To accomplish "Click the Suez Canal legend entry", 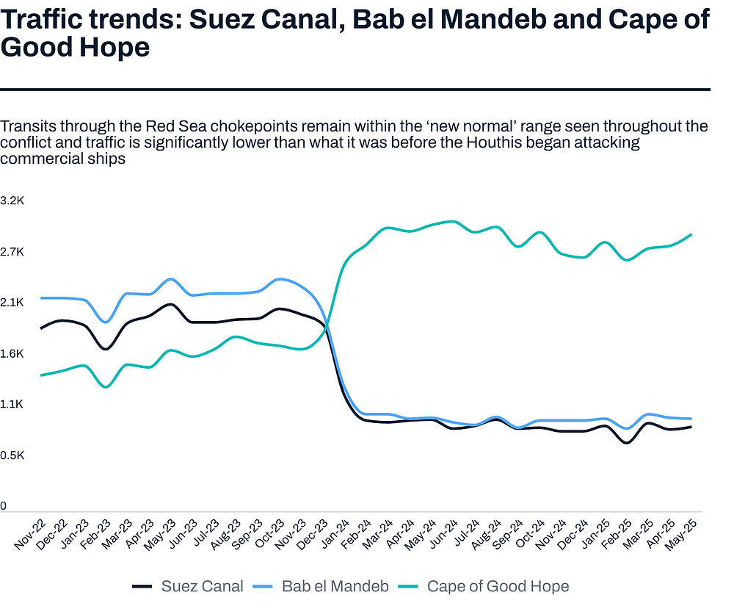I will coord(187,586).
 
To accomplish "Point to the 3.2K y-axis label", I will coord(13,201).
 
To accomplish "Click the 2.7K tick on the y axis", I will coord(13,252).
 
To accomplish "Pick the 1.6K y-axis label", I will coord(13,353).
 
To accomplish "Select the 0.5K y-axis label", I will coord(13,455).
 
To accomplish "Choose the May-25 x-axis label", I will coord(682,534).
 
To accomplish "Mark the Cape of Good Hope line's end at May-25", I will coord(691,234).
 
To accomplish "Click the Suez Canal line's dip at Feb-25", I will coord(627,442).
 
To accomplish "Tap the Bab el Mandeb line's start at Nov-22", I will coord(40,297).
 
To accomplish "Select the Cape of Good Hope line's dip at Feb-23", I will coord(106,386).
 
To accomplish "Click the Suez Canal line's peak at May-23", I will coord(170,304).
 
